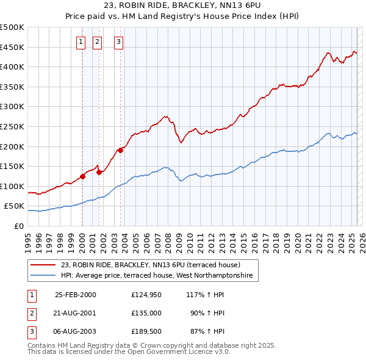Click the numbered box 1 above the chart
pyautogui.click(x=81, y=42)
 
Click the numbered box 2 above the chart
pyautogui.click(x=97, y=42)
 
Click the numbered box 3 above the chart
pyautogui.click(x=118, y=42)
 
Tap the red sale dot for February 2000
pyautogui.click(x=82, y=176)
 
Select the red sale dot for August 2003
pyautogui.click(x=120, y=150)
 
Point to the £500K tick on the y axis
pyautogui.click(x=12, y=27)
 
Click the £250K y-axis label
pyautogui.click(x=12, y=126)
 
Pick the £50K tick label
pyautogui.click(x=15, y=206)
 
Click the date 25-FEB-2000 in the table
pyautogui.click(x=76, y=294)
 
